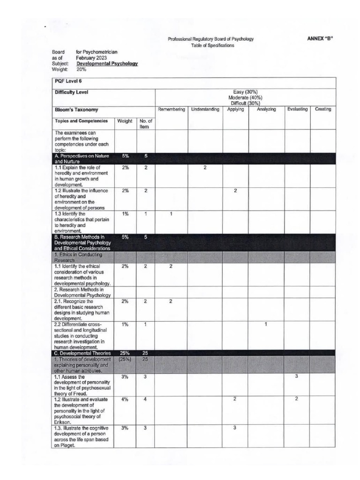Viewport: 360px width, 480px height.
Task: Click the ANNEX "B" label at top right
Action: (x=320, y=39)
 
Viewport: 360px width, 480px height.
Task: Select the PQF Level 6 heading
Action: (x=65, y=81)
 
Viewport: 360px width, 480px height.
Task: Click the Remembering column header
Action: (x=172, y=109)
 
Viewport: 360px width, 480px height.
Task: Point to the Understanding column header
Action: (x=205, y=109)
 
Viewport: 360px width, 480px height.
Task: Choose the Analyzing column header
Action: (x=266, y=109)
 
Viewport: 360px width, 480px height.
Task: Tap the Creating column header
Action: (x=322, y=109)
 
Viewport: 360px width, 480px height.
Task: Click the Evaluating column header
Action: (x=297, y=109)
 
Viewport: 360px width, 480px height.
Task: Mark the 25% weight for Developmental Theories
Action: (x=125, y=353)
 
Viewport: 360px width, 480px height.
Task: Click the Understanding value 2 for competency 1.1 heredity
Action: (x=205, y=168)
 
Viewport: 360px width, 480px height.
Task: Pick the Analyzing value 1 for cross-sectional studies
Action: (x=266, y=324)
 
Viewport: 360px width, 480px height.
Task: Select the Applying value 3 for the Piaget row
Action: (x=235, y=428)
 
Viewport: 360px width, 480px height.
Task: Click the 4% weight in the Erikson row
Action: (x=125, y=399)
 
